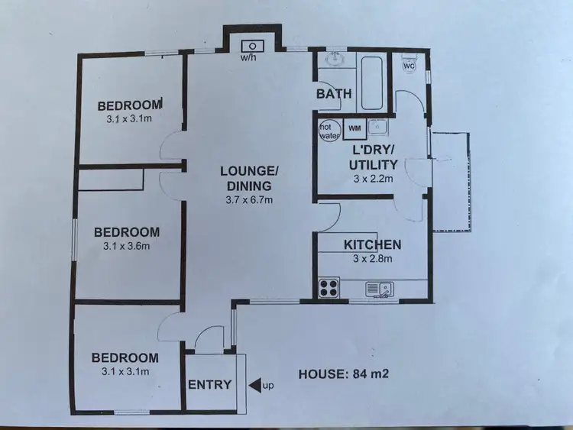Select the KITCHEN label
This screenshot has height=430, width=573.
coord(372,245)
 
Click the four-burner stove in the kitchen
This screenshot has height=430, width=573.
coord(329,287)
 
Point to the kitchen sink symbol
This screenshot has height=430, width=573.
coord(379,288)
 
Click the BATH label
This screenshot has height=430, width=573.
coord(334,94)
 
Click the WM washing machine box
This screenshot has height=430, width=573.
coord(354,128)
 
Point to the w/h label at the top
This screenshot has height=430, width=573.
coord(248,57)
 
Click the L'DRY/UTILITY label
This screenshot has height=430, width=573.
coord(373,158)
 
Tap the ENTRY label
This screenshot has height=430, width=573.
coord(209,384)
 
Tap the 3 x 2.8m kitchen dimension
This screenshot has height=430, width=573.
coord(372,259)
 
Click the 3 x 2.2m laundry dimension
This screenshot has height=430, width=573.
coord(372,179)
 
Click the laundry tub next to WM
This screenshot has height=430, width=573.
coord(377,127)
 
